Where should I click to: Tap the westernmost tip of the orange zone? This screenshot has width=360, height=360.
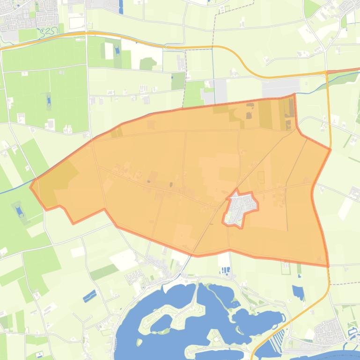pos(31,187)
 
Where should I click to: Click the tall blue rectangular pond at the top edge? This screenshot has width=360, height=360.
pos(121,6)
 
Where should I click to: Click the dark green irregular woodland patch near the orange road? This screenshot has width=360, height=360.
pos(148,63)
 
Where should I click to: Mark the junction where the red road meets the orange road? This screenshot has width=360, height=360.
pos(327,72)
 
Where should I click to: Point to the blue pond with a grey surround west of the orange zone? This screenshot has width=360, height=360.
pos(19,210)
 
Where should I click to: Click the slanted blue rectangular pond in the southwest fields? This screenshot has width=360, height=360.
pos(89,295)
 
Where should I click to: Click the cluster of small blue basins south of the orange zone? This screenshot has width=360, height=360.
pos(225,270)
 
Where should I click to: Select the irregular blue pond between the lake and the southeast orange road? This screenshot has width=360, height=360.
pos(298,292)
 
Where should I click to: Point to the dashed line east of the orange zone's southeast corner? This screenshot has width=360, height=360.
pos(344,283)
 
